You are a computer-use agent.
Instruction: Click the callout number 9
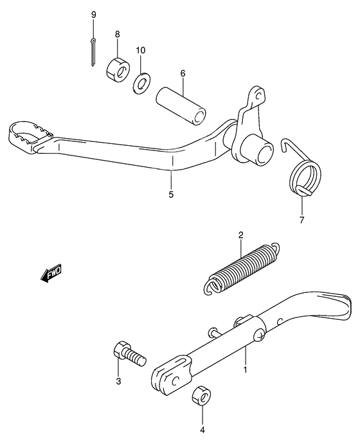93,15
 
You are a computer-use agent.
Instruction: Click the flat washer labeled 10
140,84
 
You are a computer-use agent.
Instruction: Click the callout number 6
183,74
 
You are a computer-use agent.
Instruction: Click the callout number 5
171,193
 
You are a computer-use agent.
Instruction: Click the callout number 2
240,235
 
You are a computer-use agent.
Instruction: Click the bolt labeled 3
129,353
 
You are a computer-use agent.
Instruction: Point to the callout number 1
245,370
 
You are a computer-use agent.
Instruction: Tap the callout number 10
141,49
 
